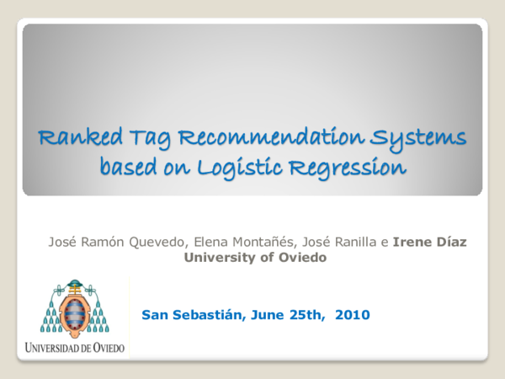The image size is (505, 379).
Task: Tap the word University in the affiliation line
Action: coord(217,258)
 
